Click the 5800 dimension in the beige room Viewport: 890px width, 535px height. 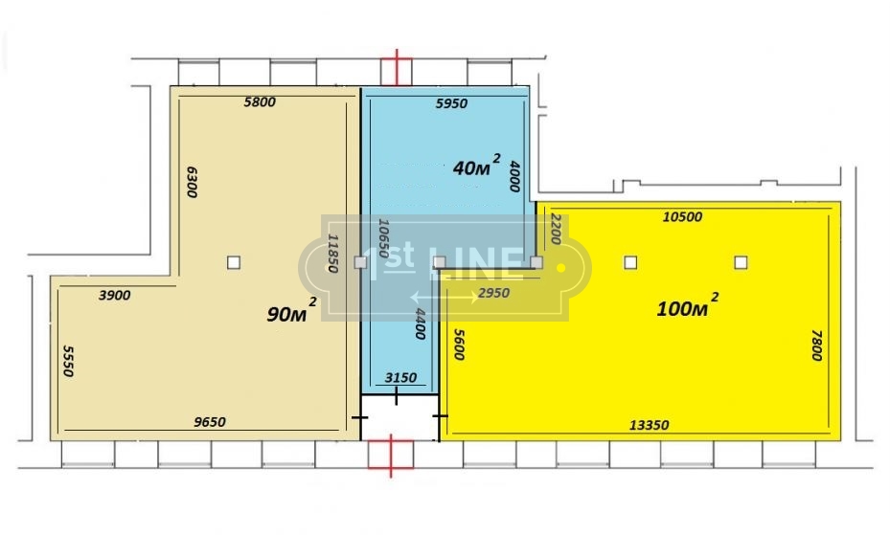(x=260, y=102)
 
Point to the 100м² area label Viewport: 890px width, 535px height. (x=687, y=305)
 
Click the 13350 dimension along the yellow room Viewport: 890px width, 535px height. (x=649, y=425)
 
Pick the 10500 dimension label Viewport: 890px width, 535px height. (x=682, y=217)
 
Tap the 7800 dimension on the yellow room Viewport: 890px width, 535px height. (x=817, y=345)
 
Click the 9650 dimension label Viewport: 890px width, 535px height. (x=210, y=422)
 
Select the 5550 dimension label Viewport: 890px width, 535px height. (x=68, y=361)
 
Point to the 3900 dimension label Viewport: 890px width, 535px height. (x=114, y=296)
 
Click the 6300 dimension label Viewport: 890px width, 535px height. (x=192, y=182)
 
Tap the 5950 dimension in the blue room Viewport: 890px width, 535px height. (x=451, y=103)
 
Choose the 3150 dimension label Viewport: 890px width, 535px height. (x=400, y=377)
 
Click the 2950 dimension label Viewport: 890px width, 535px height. (x=493, y=293)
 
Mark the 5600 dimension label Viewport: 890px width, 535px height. (x=459, y=345)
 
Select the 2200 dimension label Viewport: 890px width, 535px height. (x=556, y=229)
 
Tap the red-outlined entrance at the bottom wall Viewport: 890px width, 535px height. (x=391, y=455)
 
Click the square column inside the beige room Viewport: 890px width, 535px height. (x=234, y=262)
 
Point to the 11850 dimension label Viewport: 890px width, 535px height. (x=333, y=254)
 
